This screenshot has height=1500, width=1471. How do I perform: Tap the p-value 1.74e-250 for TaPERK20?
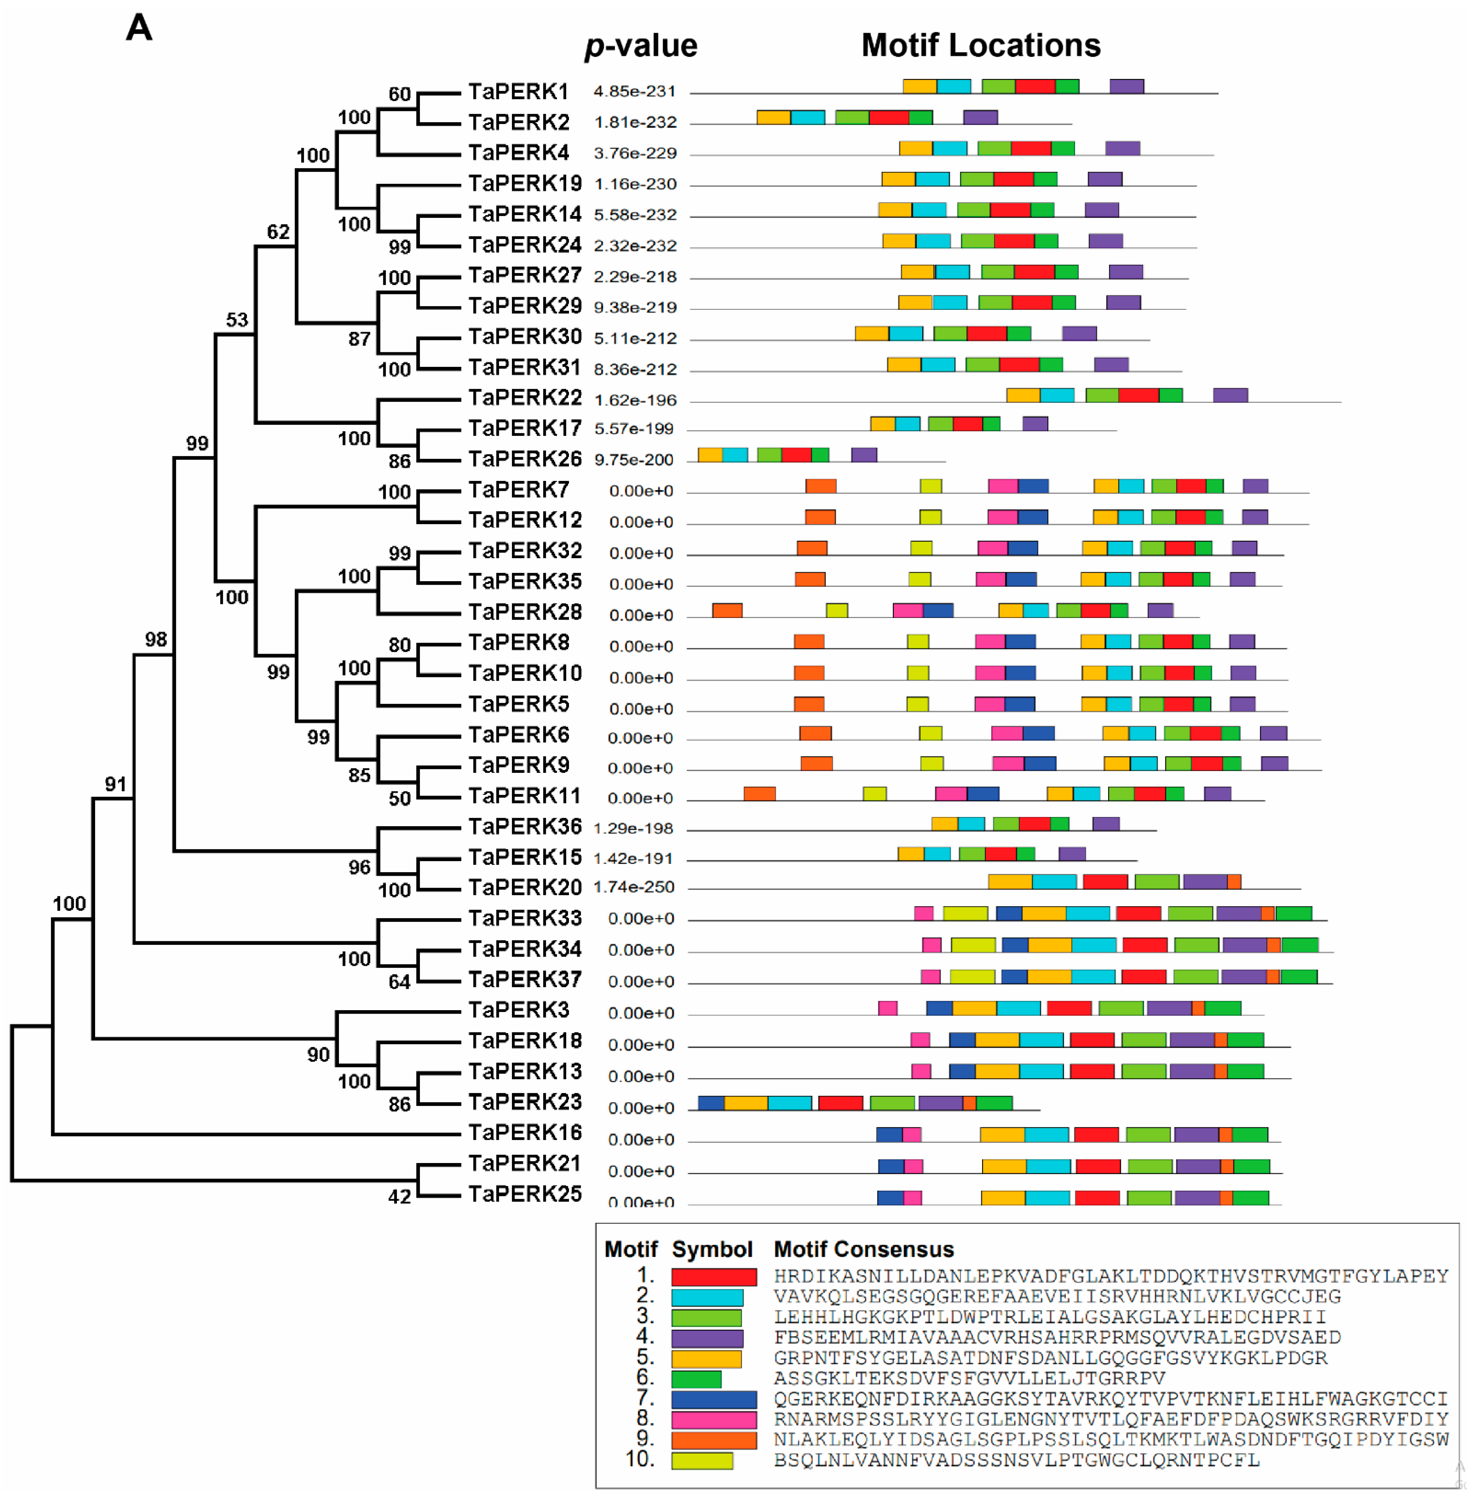[634, 887]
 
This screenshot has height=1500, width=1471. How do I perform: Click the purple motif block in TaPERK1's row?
[1126, 86]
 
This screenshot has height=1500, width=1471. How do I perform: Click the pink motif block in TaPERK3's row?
[888, 1008]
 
